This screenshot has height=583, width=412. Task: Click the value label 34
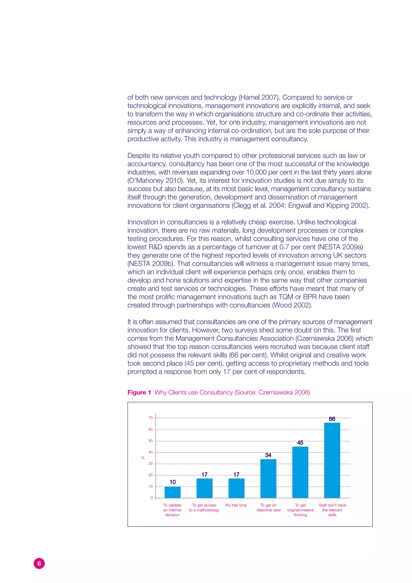click(268, 455)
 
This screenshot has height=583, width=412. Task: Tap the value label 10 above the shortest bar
click(173, 482)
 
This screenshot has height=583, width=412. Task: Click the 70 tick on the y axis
click(151, 418)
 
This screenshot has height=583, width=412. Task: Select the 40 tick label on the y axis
click(151, 452)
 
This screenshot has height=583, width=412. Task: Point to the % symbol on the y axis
click(143, 458)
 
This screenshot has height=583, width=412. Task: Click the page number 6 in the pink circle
click(39, 563)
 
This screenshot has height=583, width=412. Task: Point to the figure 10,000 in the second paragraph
click(256, 172)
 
